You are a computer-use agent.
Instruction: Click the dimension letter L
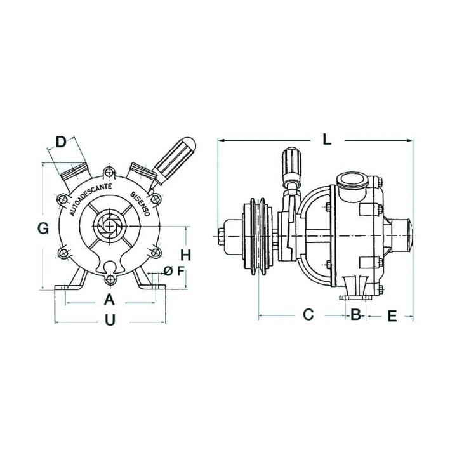(327, 140)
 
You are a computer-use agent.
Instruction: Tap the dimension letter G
(43, 228)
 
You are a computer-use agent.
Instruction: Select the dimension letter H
(185, 255)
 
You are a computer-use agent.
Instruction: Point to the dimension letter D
(61, 142)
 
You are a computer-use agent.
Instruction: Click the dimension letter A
(109, 300)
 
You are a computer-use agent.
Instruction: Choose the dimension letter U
(110, 320)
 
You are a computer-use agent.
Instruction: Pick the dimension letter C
(308, 314)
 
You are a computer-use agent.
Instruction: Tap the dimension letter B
(355, 314)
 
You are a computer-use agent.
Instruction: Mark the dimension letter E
(392, 315)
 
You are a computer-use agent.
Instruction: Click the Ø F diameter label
(174, 271)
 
